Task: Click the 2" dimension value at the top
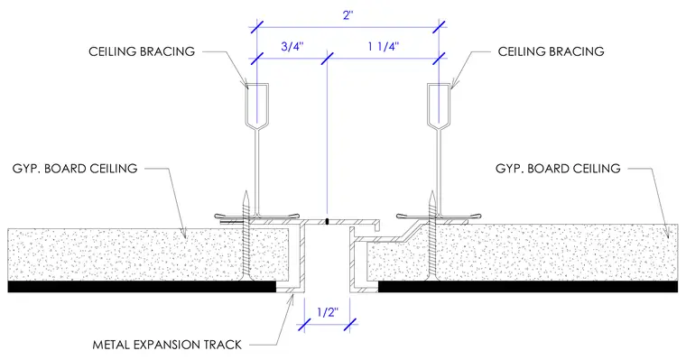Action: [x=348, y=15]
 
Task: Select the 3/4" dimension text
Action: [x=292, y=47]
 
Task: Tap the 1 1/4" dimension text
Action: [x=384, y=47]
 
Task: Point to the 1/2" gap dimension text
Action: [x=328, y=312]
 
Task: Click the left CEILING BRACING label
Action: [x=142, y=51]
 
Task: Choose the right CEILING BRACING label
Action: [x=551, y=51]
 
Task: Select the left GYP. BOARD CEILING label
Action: [x=75, y=169]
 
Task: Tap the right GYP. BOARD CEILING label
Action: [x=558, y=169]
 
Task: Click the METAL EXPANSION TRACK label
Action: [x=167, y=345]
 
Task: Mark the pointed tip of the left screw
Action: [x=246, y=191]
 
